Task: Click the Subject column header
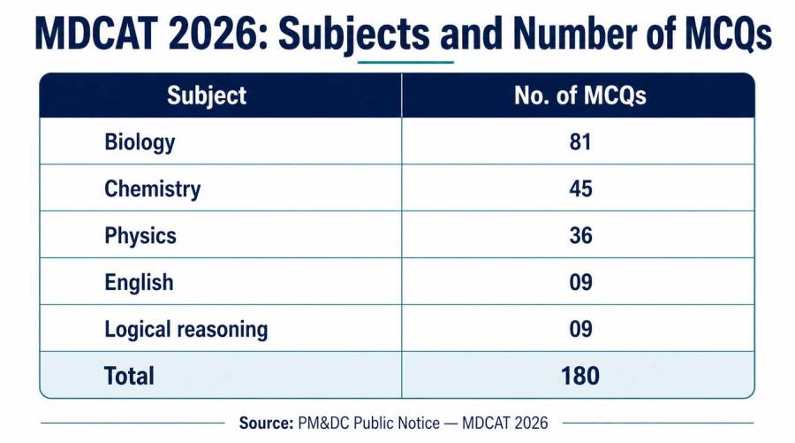click(x=207, y=95)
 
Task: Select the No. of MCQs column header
click(x=580, y=95)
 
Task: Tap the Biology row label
click(x=140, y=142)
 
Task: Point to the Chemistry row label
click(x=152, y=188)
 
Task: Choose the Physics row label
click(x=140, y=236)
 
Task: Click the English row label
click(x=139, y=283)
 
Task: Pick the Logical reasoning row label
click(x=186, y=330)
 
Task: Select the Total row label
click(x=129, y=376)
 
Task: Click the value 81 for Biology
click(x=580, y=142)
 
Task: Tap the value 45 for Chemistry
click(x=580, y=188)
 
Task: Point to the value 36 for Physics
click(x=580, y=235)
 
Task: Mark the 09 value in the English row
click(x=580, y=282)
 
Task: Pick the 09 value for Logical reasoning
click(x=580, y=329)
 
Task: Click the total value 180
click(x=580, y=376)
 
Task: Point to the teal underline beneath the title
click(x=405, y=63)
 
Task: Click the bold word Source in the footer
click(x=266, y=424)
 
